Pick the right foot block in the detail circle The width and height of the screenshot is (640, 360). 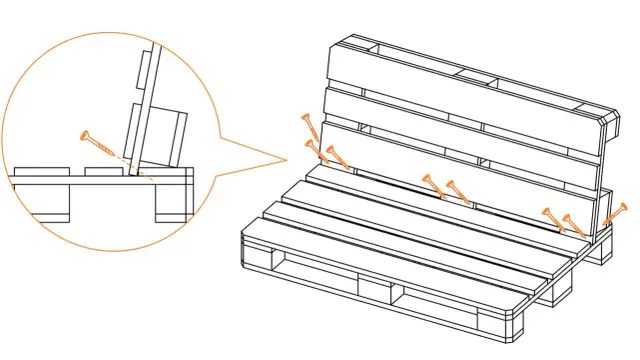(171, 203)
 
